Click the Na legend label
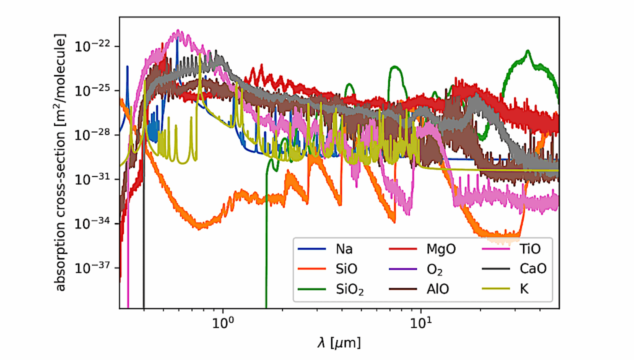(344, 250)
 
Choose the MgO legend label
(440, 250)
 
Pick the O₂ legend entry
(435, 269)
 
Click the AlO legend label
(437, 288)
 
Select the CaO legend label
(531, 269)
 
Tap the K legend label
(524, 288)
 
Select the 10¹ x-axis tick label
(421, 323)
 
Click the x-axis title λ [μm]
(338, 342)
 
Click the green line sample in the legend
(313, 288)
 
